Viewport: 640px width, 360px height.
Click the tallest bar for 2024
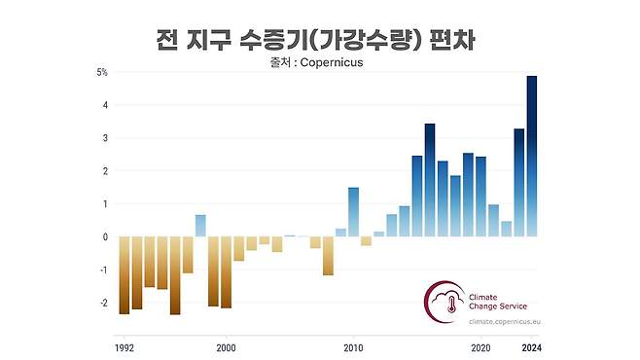(x=532, y=156)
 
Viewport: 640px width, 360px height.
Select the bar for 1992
(x=124, y=274)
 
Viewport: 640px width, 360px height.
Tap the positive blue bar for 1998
(x=200, y=226)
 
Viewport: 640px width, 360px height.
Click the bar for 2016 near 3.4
(x=430, y=180)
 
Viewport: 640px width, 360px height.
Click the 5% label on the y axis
(x=101, y=72)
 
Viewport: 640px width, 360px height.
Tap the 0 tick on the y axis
(x=104, y=236)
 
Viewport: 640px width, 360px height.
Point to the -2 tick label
(x=102, y=303)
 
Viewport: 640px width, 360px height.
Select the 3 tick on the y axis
(x=104, y=138)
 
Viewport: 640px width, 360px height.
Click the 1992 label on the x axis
(x=124, y=347)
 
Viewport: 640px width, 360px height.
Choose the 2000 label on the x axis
(x=226, y=347)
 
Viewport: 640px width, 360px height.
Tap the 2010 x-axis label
(x=353, y=347)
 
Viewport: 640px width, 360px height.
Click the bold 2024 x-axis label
(x=532, y=347)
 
